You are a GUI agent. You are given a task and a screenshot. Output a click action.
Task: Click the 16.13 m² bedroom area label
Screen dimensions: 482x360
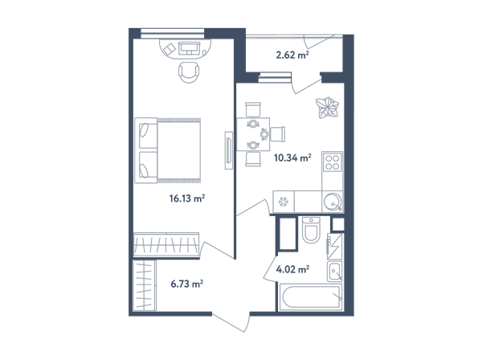tap(187, 198)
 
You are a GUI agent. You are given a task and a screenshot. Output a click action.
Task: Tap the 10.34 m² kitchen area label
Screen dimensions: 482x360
tap(292, 157)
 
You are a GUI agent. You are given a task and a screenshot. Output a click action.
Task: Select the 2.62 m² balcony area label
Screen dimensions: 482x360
tap(292, 55)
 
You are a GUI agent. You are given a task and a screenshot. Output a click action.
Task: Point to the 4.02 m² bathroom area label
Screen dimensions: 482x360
tap(292, 269)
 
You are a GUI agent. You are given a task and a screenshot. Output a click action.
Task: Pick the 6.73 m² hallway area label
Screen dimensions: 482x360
tap(187, 284)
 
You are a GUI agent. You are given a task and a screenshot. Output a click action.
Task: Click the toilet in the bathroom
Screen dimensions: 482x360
tap(311, 229)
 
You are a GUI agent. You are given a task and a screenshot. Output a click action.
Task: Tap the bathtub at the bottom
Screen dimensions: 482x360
tap(310, 297)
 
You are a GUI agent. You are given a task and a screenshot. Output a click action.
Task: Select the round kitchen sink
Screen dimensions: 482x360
tap(333, 202)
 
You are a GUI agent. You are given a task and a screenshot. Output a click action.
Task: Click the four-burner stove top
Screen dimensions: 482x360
tap(333, 162)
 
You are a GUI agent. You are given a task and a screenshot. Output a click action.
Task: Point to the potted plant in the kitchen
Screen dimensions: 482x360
tap(328, 108)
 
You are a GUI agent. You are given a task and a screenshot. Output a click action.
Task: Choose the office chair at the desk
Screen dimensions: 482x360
tap(189, 72)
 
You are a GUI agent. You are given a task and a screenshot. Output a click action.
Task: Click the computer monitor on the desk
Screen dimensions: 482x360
tap(189, 48)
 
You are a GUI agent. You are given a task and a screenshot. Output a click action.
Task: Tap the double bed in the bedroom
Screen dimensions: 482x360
tap(168, 150)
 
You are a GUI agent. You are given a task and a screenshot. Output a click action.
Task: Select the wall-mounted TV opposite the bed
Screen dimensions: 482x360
tap(228, 150)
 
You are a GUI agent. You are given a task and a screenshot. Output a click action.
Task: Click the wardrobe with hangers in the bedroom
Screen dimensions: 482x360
tap(166, 244)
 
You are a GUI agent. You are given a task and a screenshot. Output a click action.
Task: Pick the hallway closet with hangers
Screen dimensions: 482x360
tap(145, 285)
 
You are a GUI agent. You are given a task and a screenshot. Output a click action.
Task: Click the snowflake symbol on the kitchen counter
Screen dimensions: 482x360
tap(283, 202)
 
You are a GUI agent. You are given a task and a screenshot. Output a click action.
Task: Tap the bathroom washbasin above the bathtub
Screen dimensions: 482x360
tap(334, 272)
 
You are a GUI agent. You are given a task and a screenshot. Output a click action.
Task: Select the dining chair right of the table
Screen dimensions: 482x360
tap(278, 134)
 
